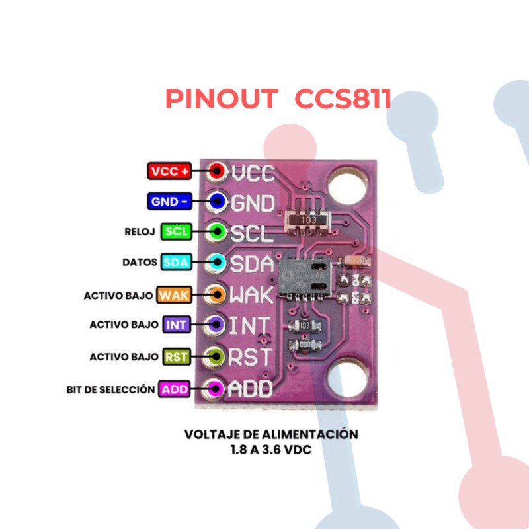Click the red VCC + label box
(x=170, y=171)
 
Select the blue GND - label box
(x=169, y=202)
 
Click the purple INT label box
(x=176, y=325)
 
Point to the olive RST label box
(x=177, y=357)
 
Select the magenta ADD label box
(x=175, y=389)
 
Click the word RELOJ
(x=140, y=232)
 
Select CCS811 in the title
(x=343, y=99)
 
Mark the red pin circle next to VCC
(x=216, y=171)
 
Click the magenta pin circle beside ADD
(x=215, y=389)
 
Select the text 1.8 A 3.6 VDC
(x=271, y=450)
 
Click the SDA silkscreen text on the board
(x=252, y=264)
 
